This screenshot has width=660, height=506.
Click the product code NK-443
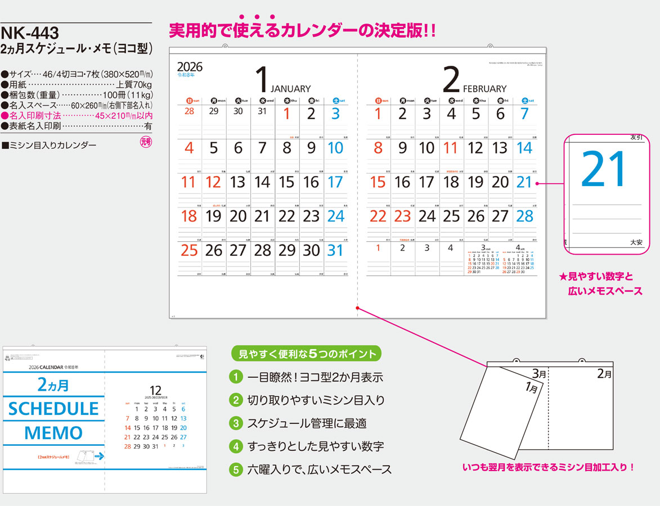point(30,34)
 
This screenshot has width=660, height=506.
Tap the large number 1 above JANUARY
point(262,80)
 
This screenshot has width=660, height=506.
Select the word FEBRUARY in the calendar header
point(484,89)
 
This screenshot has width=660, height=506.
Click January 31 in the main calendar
point(335,250)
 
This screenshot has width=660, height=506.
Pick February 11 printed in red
point(451,148)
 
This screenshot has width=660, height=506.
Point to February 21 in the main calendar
point(524,182)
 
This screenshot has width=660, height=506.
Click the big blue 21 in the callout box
point(603,169)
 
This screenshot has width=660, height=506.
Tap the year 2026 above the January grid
point(190,67)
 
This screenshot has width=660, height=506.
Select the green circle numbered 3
point(237,423)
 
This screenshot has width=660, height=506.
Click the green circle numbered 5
point(237,469)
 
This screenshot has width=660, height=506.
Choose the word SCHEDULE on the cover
point(53,409)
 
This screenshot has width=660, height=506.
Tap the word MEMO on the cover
point(53,433)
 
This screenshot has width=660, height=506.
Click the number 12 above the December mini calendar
point(155,391)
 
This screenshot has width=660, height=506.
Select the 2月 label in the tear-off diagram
point(604,373)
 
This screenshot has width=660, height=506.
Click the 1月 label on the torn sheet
point(531,387)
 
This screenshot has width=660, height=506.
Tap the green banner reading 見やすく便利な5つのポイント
point(307,354)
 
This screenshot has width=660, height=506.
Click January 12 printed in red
point(213,182)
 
